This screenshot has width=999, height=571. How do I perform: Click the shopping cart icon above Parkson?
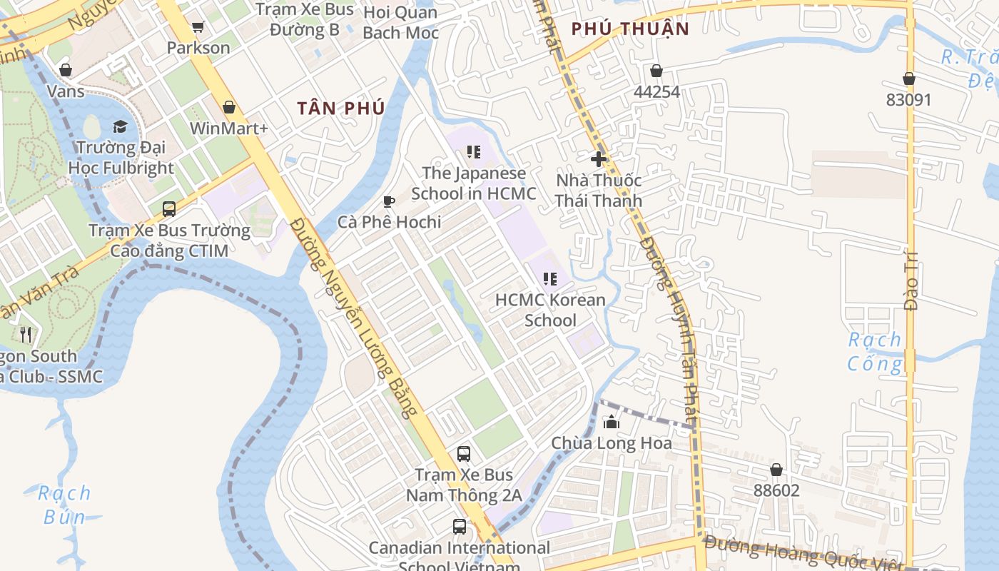[x=198, y=27]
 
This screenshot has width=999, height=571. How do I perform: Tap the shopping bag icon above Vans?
[x=66, y=70]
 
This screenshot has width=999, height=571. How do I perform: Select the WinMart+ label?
[x=228, y=128]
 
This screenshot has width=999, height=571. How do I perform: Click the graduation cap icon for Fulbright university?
[x=120, y=127]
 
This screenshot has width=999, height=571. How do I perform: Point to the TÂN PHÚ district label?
[x=341, y=108]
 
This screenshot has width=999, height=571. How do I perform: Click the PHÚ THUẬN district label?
[x=630, y=29]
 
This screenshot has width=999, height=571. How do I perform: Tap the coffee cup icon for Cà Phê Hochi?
[x=389, y=202]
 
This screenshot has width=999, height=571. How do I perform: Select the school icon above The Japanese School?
[x=473, y=152]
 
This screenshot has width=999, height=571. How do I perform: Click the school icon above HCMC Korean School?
[x=549, y=279]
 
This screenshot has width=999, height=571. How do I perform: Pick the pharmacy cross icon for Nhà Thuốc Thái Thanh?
[x=598, y=159]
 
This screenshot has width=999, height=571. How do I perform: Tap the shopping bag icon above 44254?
[x=656, y=71]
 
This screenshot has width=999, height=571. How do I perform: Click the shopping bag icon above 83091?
[x=909, y=79]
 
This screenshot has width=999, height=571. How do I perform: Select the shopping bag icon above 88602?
[x=776, y=470]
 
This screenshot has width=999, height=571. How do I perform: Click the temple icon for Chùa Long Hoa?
[x=612, y=423]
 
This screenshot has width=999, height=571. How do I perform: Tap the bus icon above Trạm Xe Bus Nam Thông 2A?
[x=464, y=454]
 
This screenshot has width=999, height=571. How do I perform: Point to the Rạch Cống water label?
[x=874, y=352]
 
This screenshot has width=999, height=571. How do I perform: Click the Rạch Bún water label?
[x=64, y=505]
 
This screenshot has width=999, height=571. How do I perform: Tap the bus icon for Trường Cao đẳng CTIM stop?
[x=169, y=209]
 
